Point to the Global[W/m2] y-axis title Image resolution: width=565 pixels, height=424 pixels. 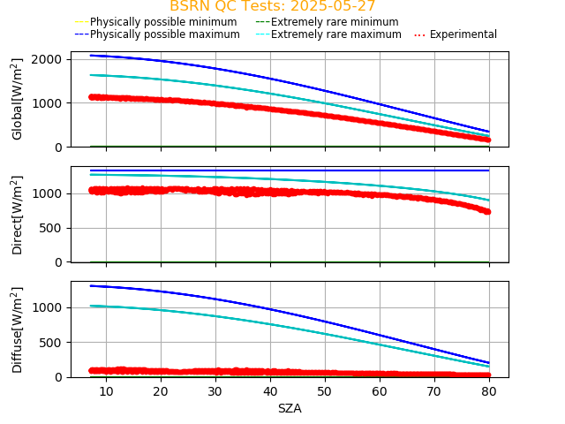coord(18,99)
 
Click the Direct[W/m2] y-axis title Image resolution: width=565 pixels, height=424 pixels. coord(18,215)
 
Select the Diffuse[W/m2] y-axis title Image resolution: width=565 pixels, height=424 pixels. coord(18,329)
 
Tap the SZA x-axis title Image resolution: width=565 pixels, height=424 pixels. coord(290,408)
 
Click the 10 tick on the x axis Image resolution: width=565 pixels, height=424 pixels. coord(106,391)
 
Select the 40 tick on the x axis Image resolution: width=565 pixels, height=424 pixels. coord(270,391)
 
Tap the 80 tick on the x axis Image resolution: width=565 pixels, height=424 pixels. coord(490,391)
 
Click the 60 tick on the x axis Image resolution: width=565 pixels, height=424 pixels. coord(380,391)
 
